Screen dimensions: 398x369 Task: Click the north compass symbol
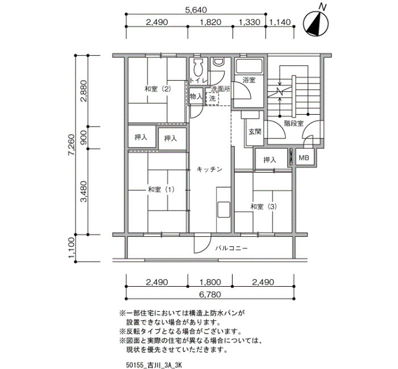[316, 23]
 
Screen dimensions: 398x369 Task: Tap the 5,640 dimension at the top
[196, 10]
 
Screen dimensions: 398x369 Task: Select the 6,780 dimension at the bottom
[210, 295]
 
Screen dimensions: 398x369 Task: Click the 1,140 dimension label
[280, 22]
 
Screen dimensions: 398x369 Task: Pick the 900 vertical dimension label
[84, 138]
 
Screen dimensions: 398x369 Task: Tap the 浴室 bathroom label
[249, 80]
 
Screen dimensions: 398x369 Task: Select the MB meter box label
[304, 158]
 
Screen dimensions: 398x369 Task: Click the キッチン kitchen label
[210, 169]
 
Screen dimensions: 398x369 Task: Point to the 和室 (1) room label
[161, 189]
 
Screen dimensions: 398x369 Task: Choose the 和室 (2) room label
[157, 89]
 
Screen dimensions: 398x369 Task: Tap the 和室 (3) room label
[263, 207]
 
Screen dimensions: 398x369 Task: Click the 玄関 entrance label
[255, 132]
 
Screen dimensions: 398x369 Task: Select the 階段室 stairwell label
[294, 123]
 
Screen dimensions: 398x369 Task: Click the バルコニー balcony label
[231, 248]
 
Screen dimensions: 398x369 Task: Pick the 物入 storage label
[196, 97]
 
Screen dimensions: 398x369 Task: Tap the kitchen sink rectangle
[223, 209]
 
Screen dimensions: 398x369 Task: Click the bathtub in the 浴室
[248, 66]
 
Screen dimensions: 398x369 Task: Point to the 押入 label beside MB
[270, 160]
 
